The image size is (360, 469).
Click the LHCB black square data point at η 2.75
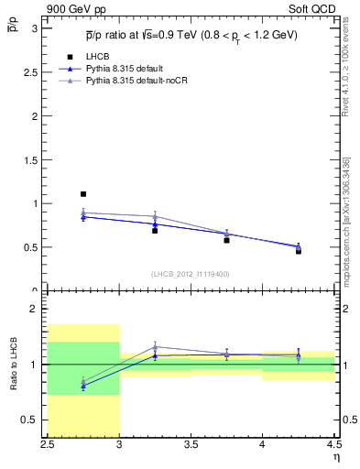pyautogui.click(x=83, y=194)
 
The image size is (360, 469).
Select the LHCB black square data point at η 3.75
pyautogui.click(x=226, y=240)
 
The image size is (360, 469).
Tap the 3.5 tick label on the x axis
pyautogui.click(x=191, y=445)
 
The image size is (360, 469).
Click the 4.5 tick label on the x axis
pyautogui.click(x=333, y=445)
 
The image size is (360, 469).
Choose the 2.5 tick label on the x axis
pyautogui.click(x=48, y=445)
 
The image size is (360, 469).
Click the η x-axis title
pyautogui.click(x=336, y=458)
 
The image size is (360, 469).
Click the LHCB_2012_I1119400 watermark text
pyautogui.click(x=191, y=274)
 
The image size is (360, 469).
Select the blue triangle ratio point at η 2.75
pyautogui.click(x=83, y=387)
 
